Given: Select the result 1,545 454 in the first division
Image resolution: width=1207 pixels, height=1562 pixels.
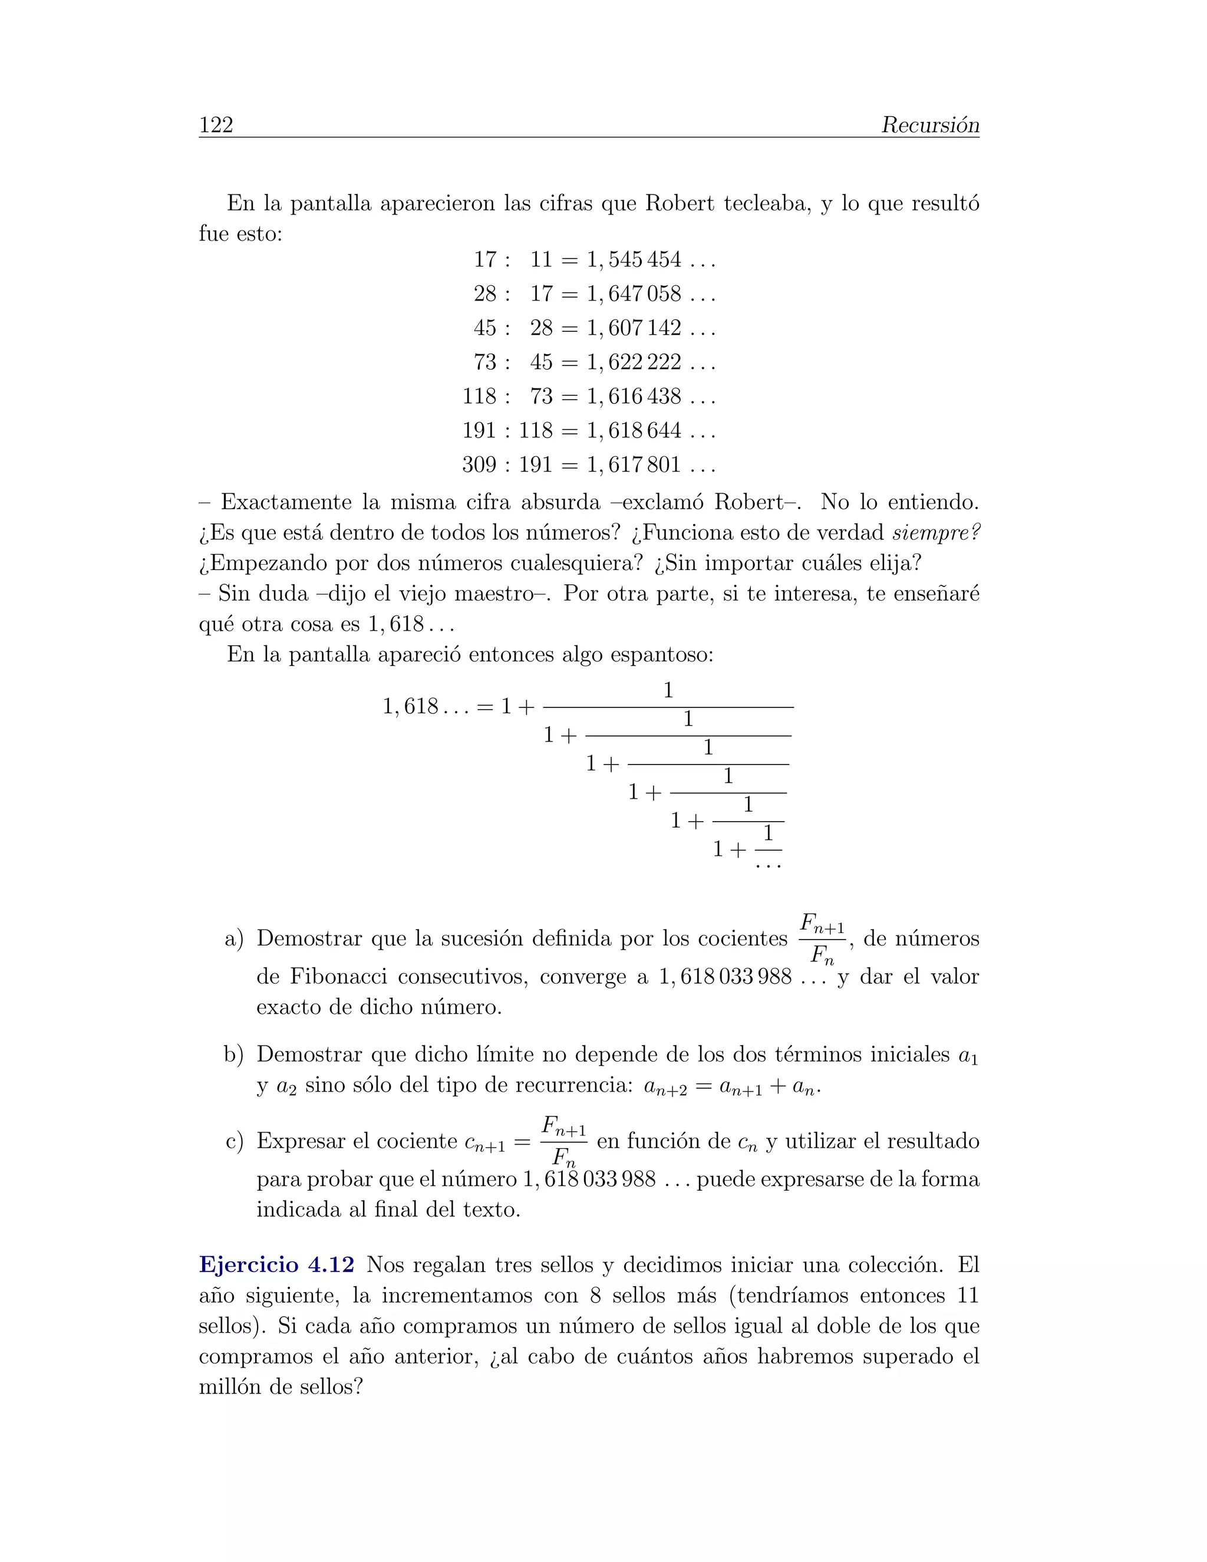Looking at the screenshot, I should pos(634,259).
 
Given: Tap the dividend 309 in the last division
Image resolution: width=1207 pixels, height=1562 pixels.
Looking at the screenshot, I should pos(479,465).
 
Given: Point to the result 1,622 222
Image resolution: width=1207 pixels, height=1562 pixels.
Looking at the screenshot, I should pos(634,363).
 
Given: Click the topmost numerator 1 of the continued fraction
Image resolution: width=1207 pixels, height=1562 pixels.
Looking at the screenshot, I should pos(668,691).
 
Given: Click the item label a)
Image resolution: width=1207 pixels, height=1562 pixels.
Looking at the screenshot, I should pos(234,939).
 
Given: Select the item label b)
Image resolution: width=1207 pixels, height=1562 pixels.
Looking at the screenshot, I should pos(234,1055).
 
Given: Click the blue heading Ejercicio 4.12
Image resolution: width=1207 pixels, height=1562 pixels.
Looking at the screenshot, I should pos(276,1264).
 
